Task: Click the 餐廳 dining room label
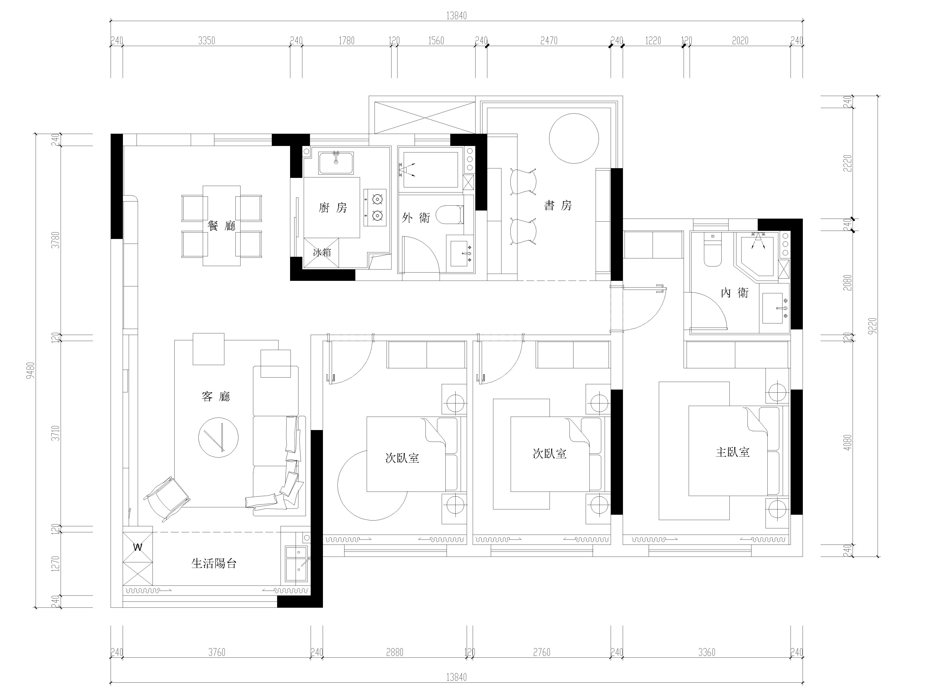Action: pos(222,226)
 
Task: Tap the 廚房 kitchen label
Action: pos(333,208)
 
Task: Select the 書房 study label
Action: pos(558,205)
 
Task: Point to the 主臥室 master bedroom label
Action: pos(733,452)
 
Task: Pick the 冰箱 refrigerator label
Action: pos(322,252)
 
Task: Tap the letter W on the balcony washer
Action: pos(138,547)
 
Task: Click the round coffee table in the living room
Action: pos(219,438)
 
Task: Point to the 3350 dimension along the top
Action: pos(206,40)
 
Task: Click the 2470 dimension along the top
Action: pos(549,40)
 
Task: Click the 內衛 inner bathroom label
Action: pos(735,292)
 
